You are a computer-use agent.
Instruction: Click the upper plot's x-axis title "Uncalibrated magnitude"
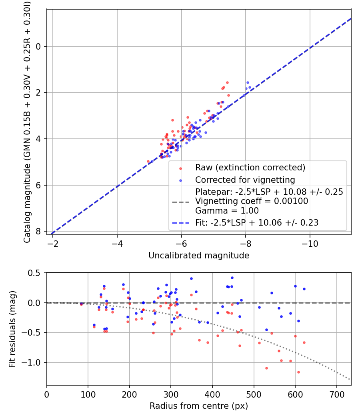[199, 256]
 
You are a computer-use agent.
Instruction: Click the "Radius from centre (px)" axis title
[199, 406]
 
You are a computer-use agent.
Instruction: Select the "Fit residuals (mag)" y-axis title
[12, 329]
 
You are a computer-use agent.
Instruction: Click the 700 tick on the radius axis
[336, 394]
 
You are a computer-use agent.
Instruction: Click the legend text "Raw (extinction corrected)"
[250, 167]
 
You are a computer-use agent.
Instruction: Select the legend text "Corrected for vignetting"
[245, 180]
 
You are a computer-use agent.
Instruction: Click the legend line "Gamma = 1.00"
[227, 211]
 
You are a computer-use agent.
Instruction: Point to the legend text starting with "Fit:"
[257, 223]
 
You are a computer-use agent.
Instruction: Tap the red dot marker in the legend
[181, 168]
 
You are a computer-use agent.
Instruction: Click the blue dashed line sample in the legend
[180, 223]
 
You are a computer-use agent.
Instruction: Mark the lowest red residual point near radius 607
[298, 372]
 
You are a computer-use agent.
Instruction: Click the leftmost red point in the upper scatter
[148, 161]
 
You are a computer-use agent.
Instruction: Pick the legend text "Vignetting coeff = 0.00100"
[252, 201]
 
